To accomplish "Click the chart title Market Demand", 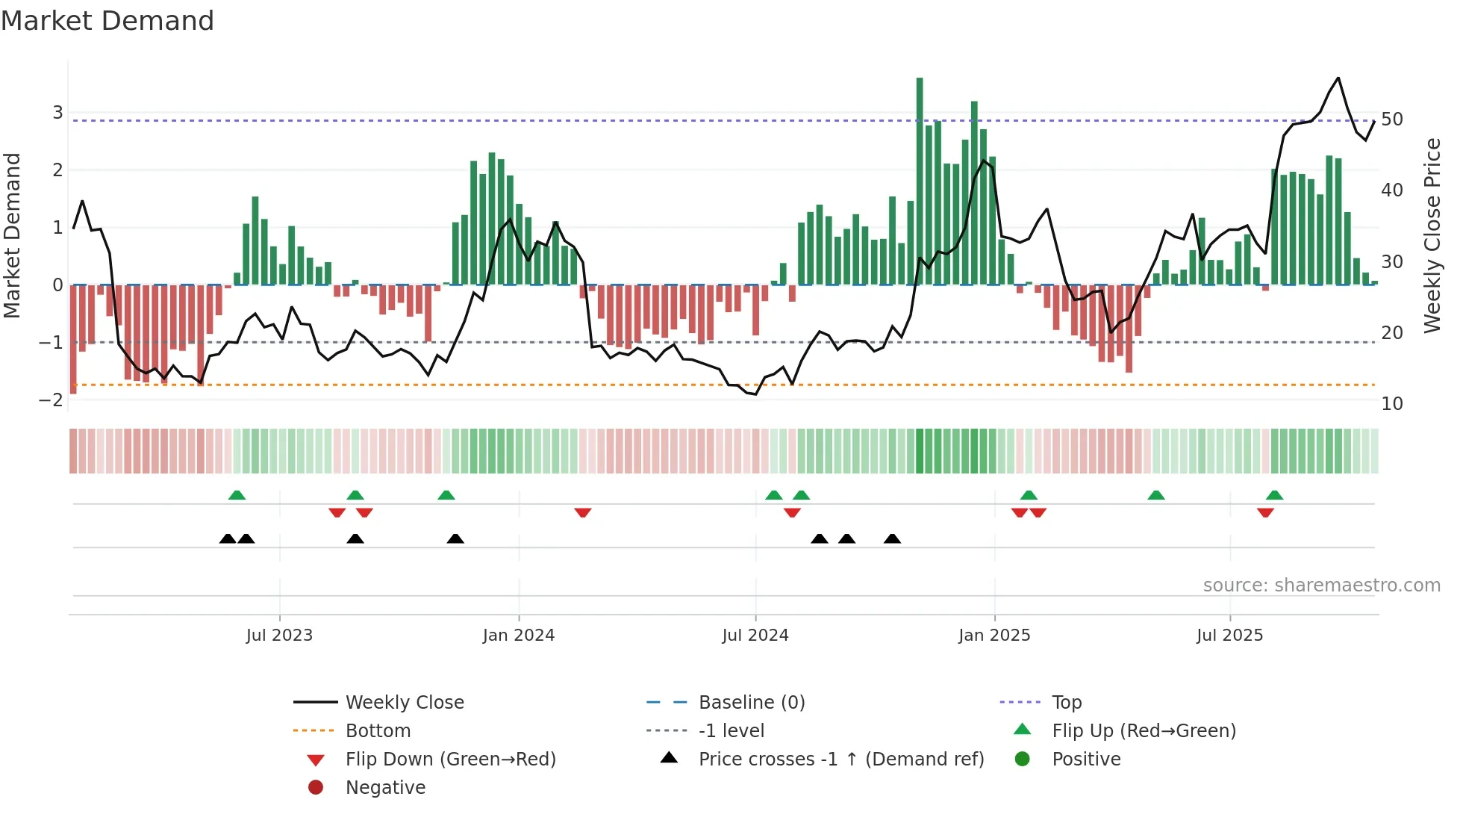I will click(107, 21).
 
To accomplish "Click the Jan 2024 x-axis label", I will click(518, 636).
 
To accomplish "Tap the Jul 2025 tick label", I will click(1229, 636).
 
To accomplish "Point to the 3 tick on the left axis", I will click(57, 113).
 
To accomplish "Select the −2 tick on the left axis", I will click(52, 400).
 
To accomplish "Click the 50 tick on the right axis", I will click(1391, 119).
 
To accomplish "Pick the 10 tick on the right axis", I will click(1391, 404).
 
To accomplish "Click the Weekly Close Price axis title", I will click(1432, 235).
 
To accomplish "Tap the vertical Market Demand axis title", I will click(13, 235).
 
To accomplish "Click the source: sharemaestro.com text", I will click(1321, 586).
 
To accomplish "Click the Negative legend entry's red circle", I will click(316, 788).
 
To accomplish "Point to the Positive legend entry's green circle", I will click(1023, 760).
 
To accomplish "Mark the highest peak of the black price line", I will click(1338, 78).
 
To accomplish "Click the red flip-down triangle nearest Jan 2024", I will click(583, 512).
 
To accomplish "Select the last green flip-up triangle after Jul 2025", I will click(1275, 495).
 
